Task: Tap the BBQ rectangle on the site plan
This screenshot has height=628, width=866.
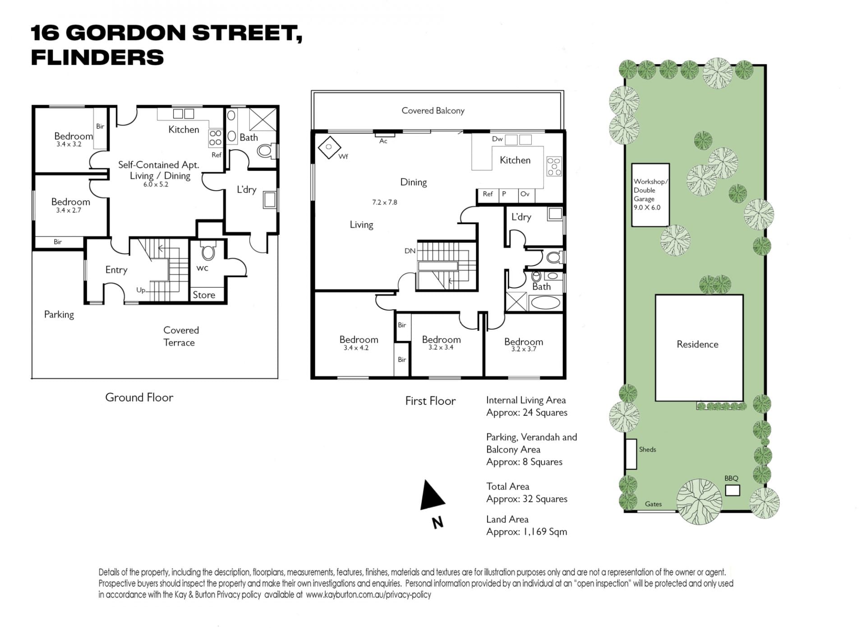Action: coord(732,490)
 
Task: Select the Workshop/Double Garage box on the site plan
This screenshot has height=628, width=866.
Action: coord(650,195)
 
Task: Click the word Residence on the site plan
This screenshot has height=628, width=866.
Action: coord(697,344)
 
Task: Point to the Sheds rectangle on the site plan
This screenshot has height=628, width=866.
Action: coord(631,454)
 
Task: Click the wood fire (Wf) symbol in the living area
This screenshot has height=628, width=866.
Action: coord(329,147)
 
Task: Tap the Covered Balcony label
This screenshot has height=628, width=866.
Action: coord(433,111)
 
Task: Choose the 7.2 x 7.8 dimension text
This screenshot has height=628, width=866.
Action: coord(384,202)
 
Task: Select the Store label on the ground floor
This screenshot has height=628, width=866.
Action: coord(204,295)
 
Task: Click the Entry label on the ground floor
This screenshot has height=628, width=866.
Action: coord(116,270)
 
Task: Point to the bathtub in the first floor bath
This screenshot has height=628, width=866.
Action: coord(545,302)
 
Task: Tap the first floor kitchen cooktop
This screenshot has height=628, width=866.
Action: coord(554,166)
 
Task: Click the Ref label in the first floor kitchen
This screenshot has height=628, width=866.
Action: coord(488,194)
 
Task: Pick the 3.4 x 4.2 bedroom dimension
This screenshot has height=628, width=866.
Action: coord(356,348)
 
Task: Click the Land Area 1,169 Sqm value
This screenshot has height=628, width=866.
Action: coord(526,532)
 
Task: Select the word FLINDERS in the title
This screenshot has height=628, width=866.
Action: coord(97,58)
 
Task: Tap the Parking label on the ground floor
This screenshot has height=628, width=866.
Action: coord(59,315)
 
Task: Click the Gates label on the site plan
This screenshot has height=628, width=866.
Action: coord(653,504)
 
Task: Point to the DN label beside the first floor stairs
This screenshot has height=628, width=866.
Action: coord(410,251)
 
